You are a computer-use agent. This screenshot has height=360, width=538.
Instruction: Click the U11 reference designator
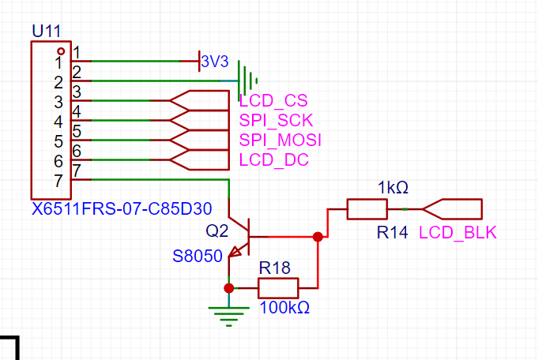(x=46, y=32)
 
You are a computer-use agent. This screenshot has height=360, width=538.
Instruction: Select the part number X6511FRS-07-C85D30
(x=122, y=208)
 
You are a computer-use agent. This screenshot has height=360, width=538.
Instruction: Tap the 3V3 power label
(x=215, y=62)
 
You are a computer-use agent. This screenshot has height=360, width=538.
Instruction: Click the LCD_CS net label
(x=273, y=101)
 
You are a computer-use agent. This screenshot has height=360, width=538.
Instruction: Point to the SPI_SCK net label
(x=276, y=120)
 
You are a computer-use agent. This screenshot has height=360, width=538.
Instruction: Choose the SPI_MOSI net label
(x=280, y=140)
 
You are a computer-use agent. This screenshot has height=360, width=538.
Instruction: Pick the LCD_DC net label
(x=274, y=159)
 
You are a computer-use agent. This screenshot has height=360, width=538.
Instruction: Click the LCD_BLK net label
(x=457, y=233)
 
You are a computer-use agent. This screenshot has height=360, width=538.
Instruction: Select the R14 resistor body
(x=367, y=208)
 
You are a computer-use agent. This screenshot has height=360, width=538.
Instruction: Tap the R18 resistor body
(x=278, y=288)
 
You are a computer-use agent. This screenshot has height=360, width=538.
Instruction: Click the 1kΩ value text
(x=393, y=188)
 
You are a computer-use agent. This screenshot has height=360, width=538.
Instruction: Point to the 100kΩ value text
(x=284, y=308)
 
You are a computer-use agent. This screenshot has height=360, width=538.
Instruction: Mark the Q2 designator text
(x=216, y=231)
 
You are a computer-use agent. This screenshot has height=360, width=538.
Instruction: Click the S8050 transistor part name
(x=198, y=256)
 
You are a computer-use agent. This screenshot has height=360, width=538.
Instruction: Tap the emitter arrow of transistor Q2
(x=235, y=252)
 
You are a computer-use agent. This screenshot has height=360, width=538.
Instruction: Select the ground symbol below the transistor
(x=229, y=316)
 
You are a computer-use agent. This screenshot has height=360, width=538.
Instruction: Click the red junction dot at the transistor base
(x=318, y=237)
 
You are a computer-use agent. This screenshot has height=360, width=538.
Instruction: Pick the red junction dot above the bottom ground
(x=229, y=288)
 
